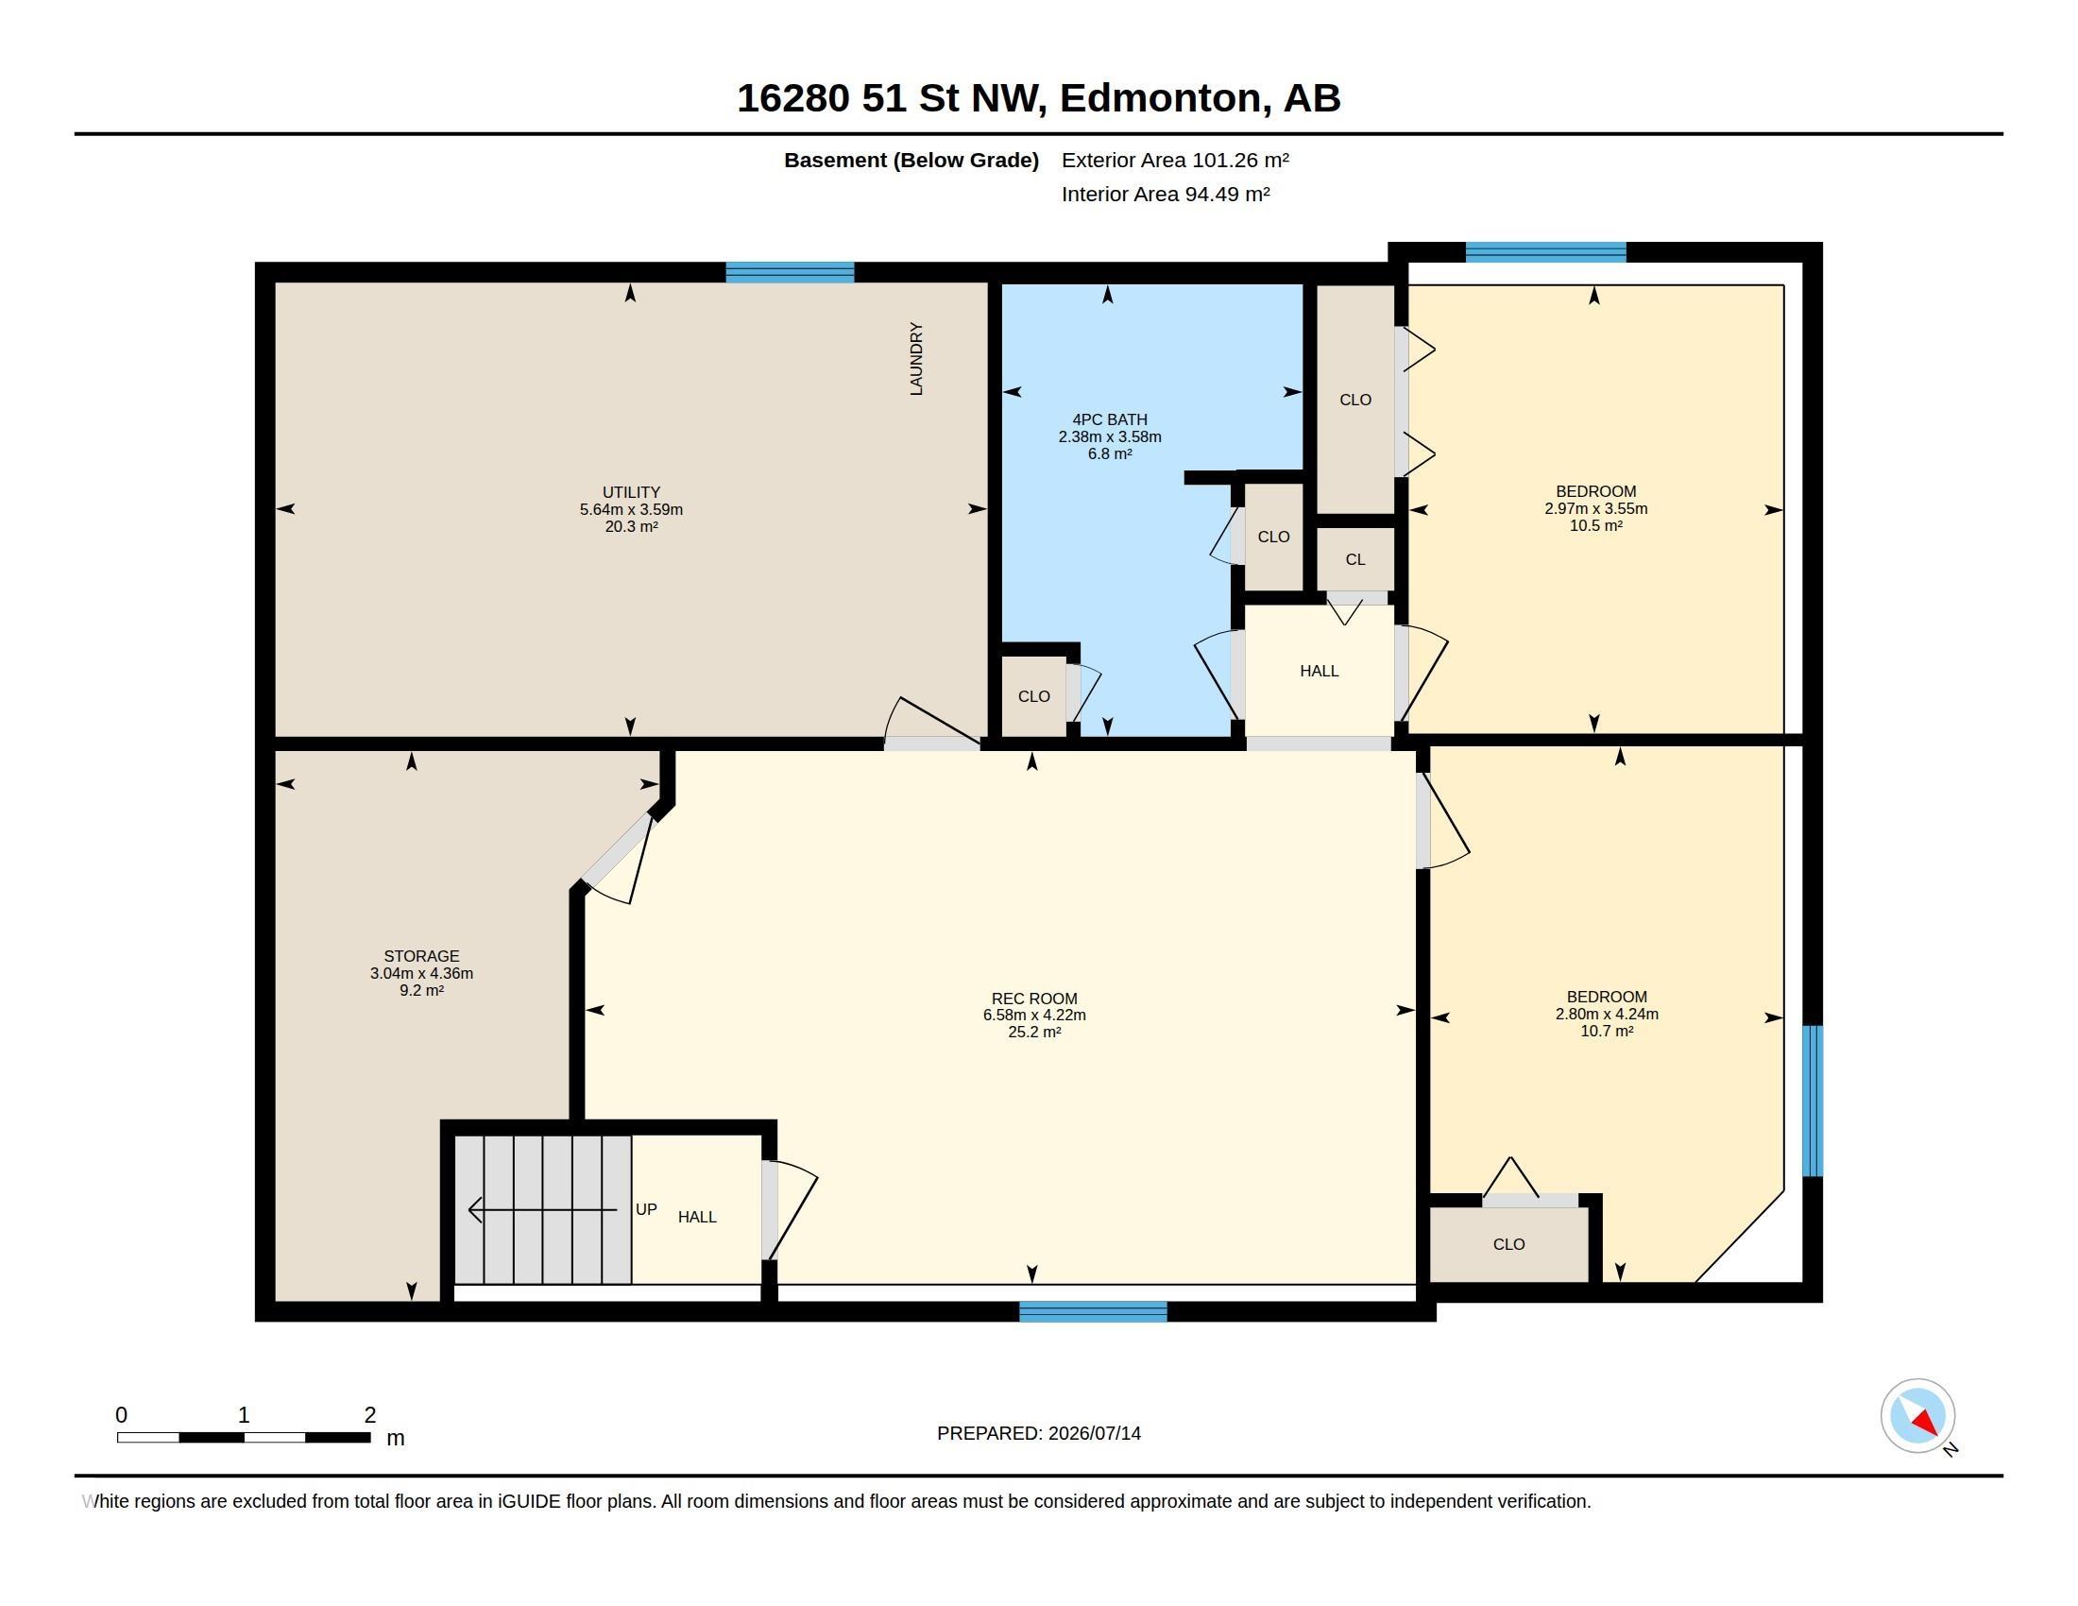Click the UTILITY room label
[631, 492]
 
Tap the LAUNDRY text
[916, 359]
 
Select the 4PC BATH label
[1110, 419]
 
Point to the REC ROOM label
[1034, 998]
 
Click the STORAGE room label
[421, 956]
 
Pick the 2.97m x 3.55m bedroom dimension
[1595, 509]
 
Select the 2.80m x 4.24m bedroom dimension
[1606, 1015]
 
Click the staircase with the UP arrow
[542, 1209]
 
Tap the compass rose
[1917, 1416]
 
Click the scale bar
[244, 1437]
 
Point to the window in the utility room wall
[790, 273]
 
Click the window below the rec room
[1093, 1312]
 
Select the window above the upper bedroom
[1546, 252]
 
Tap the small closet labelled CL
[1354, 559]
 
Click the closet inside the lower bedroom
[1509, 1244]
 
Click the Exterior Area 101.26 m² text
[1175, 160]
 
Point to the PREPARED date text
[1039, 1434]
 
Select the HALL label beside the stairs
[696, 1217]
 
